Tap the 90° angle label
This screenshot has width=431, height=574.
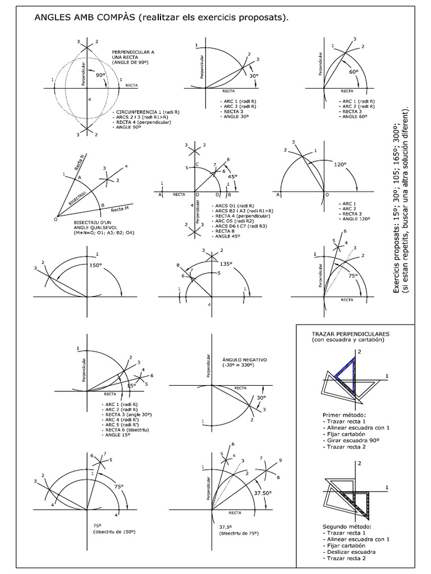[x=100, y=74]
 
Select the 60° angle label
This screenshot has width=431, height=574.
[x=353, y=72]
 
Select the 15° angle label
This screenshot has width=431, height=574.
[x=131, y=386]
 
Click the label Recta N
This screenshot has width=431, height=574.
[x=79, y=163]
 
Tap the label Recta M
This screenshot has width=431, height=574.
[x=120, y=209]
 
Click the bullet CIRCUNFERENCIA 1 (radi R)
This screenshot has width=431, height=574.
[x=146, y=112]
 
